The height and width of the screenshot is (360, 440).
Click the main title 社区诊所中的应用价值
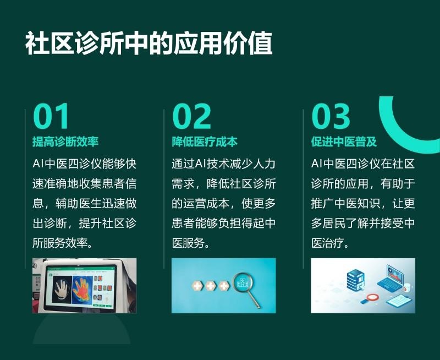(148, 43)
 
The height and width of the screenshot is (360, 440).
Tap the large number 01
(51, 116)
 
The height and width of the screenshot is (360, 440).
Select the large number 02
(191, 116)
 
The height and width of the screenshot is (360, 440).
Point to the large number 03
(331, 116)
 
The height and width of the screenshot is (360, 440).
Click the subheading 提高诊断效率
(65, 141)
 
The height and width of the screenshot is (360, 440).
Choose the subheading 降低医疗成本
(205, 141)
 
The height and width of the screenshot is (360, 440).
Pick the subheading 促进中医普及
(344, 141)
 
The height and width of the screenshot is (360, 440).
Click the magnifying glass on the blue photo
(246, 288)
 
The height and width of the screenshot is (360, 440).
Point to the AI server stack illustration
(356, 280)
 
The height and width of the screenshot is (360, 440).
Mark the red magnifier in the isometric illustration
(369, 298)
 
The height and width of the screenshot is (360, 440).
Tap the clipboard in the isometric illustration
(399, 301)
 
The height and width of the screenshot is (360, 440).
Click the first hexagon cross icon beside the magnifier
(197, 286)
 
